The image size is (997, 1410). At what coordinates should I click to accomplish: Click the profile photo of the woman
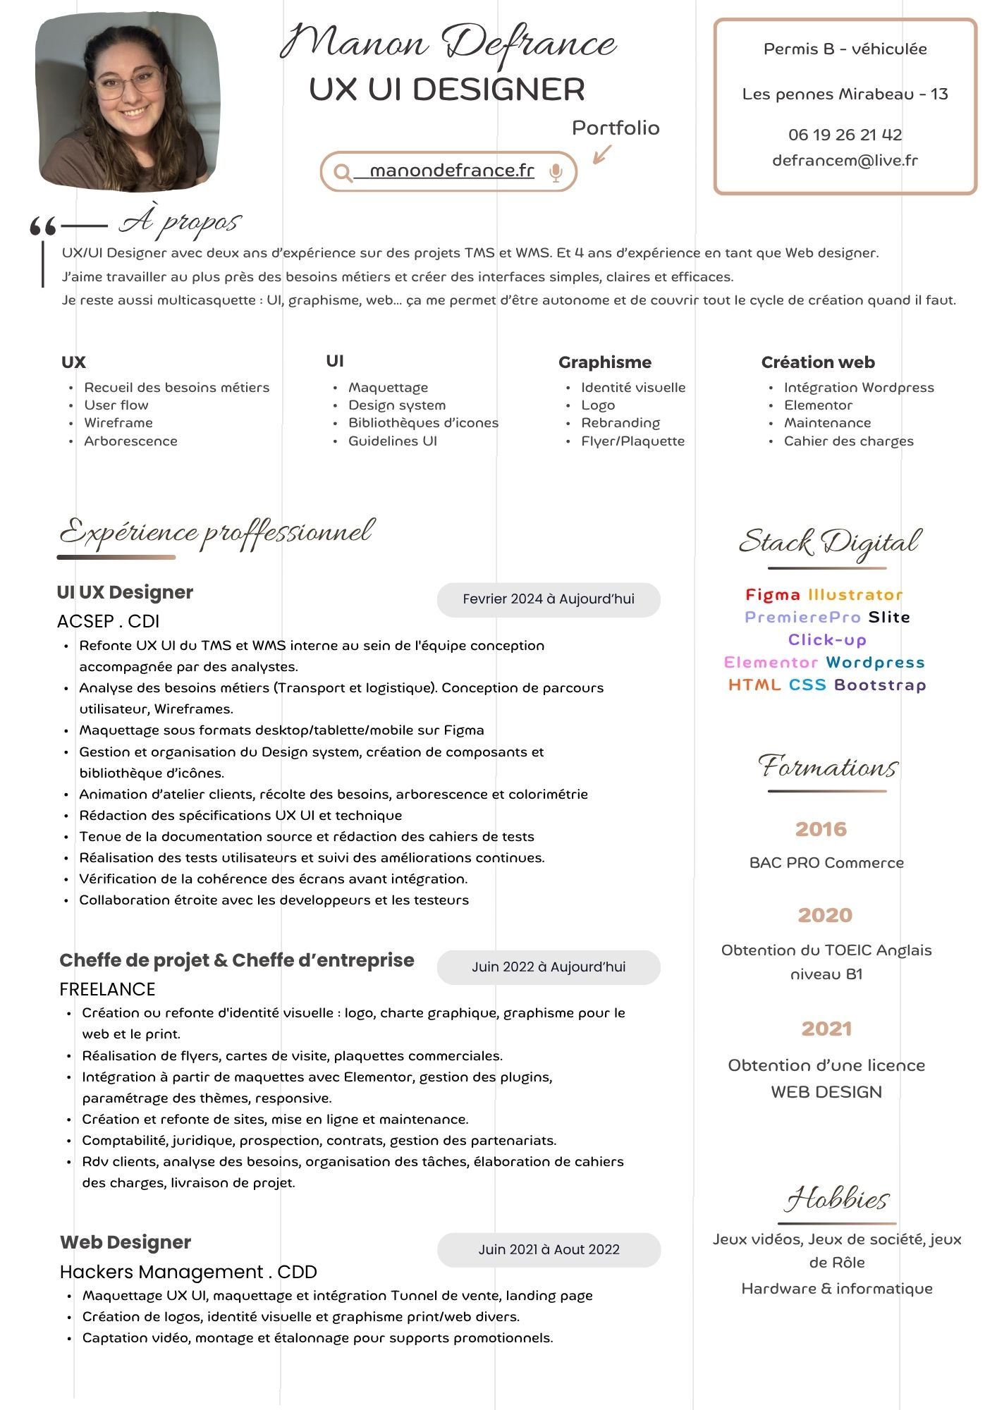pyautogui.click(x=128, y=103)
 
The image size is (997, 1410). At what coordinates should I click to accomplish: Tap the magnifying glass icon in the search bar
pyautogui.click(x=343, y=172)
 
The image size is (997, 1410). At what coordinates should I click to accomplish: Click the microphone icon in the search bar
pyautogui.click(x=556, y=172)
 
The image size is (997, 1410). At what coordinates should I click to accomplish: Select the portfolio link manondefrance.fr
pyautogui.click(x=451, y=171)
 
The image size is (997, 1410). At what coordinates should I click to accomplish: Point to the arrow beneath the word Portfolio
pyautogui.click(x=601, y=154)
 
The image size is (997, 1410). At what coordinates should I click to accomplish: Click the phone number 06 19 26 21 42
pyautogui.click(x=845, y=135)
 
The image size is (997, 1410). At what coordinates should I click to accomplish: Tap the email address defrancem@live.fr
pyautogui.click(x=845, y=160)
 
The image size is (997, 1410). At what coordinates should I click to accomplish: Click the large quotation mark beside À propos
pyautogui.click(x=43, y=226)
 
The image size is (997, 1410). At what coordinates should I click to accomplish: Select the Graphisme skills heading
pyautogui.click(x=604, y=362)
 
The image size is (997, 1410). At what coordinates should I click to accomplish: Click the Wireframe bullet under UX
pyautogui.click(x=118, y=423)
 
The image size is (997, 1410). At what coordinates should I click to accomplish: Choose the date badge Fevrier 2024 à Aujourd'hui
pyautogui.click(x=549, y=599)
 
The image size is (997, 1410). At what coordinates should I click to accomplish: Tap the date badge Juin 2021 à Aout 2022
pyautogui.click(x=549, y=1250)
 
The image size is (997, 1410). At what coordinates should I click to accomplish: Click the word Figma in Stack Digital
pyautogui.click(x=773, y=595)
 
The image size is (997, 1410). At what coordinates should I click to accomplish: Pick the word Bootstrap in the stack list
pyautogui.click(x=880, y=685)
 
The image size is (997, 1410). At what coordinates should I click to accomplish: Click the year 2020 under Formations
pyautogui.click(x=825, y=915)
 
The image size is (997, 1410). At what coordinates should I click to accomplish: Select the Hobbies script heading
pyautogui.click(x=837, y=1199)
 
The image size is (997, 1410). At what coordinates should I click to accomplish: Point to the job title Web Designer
pyautogui.click(x=126, y=1242)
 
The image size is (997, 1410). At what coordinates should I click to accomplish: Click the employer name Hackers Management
pyautogui.click(x=161, y=1272)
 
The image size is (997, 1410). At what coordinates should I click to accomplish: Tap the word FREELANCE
pyautogui.click(x=107, y=989)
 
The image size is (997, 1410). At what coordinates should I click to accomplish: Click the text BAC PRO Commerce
pyautogui.click(x=826, y=863)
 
